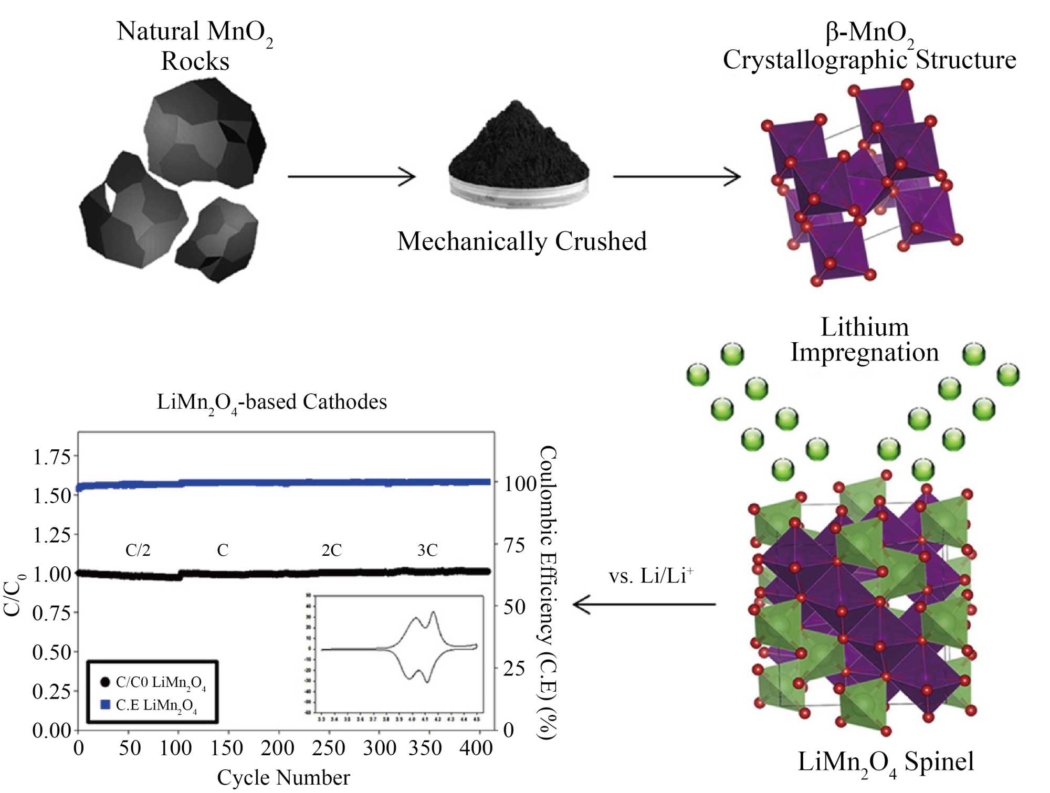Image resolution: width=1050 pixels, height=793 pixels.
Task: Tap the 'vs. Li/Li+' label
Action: click(650, 576)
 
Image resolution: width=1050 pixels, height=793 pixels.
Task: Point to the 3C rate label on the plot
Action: click(427, 550)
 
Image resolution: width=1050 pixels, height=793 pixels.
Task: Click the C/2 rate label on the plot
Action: click(138, 550)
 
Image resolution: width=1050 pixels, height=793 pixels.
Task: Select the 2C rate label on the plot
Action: click(331, 550)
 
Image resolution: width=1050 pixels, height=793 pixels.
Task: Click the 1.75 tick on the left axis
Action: click(51, 457)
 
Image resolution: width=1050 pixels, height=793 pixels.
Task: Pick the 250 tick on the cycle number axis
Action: click(328, 748)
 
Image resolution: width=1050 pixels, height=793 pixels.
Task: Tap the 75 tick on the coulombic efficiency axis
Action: click(514, 545)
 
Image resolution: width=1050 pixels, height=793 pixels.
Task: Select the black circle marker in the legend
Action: click(105, 682)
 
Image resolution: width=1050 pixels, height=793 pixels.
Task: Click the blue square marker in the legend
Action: click(105, 704)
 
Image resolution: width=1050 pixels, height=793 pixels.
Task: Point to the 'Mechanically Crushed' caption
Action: click(522, 241)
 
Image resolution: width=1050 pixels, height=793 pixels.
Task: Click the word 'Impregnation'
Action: click(865, 352)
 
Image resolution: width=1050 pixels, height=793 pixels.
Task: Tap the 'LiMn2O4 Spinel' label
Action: click(886, 762)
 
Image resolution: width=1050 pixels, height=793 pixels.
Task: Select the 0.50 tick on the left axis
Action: click(51, 652)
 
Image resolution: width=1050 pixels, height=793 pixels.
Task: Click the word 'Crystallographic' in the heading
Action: click(815, 60)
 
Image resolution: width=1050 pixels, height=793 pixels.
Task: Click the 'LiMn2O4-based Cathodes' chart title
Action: click(272, 402)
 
